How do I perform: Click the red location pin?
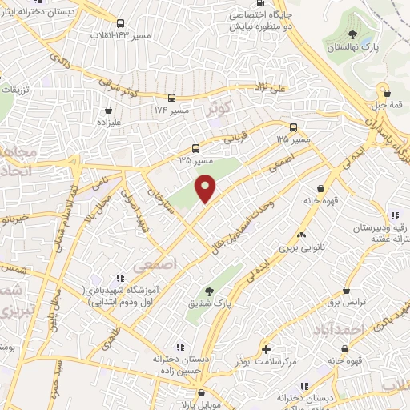click(x=206, y=187)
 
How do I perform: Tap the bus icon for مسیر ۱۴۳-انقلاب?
click(x=119, y=24)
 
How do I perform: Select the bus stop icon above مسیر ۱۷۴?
click(x=171, y=98)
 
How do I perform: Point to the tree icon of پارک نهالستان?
click(x=352, y=33)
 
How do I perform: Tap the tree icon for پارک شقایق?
click(x=210, y=292)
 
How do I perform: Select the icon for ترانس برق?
click(x=346, y=290)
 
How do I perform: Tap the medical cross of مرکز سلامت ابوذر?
click(x=267, y=349)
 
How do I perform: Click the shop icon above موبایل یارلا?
click(x=202, y=393)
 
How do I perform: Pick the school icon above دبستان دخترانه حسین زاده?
click(x=179, y=348)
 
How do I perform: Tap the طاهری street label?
click(x=107, y=340)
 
